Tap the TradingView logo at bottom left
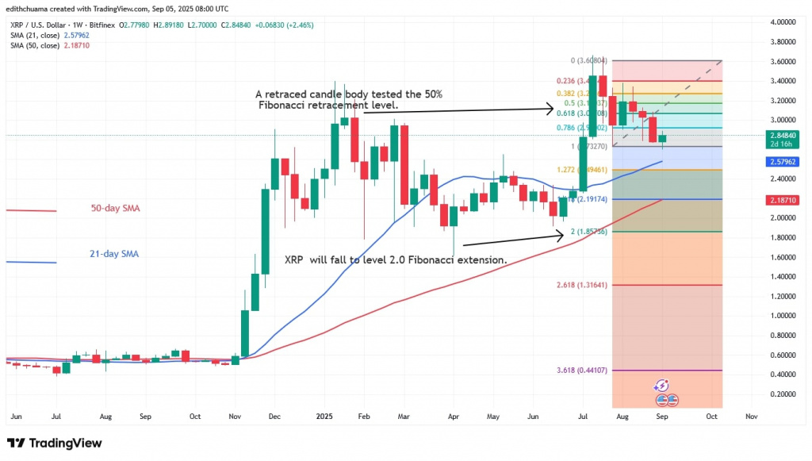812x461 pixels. click(54, 443)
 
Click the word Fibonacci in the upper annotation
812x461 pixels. click(283, 106)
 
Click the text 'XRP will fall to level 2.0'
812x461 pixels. click(349, 259)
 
